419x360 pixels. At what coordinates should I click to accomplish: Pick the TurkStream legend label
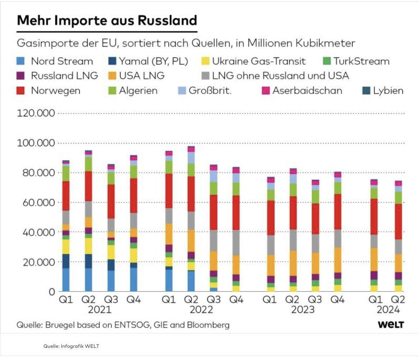[361, 61]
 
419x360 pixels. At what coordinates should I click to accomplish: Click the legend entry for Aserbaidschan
[307, 90]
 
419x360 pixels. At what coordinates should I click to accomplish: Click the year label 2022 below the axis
[201, 309]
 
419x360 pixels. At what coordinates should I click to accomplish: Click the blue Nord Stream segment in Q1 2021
[66, 280]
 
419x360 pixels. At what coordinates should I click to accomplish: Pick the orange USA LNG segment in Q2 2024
[398, 263]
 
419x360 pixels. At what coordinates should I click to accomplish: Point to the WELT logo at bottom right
[391, 325]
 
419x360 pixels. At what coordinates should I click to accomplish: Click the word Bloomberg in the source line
[209, 325]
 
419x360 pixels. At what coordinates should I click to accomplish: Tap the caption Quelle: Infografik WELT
[71, 346]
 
